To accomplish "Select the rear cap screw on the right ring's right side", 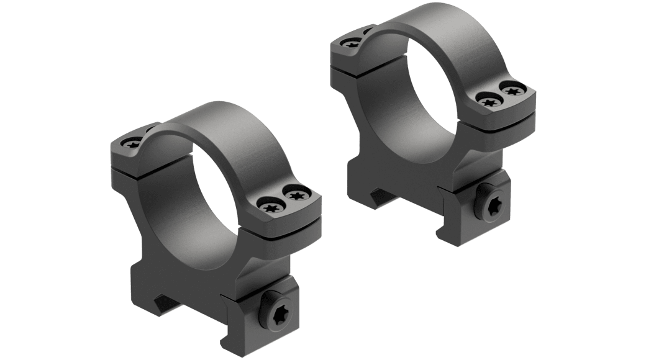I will (512, 91).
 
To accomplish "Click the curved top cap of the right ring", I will (429, 28).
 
